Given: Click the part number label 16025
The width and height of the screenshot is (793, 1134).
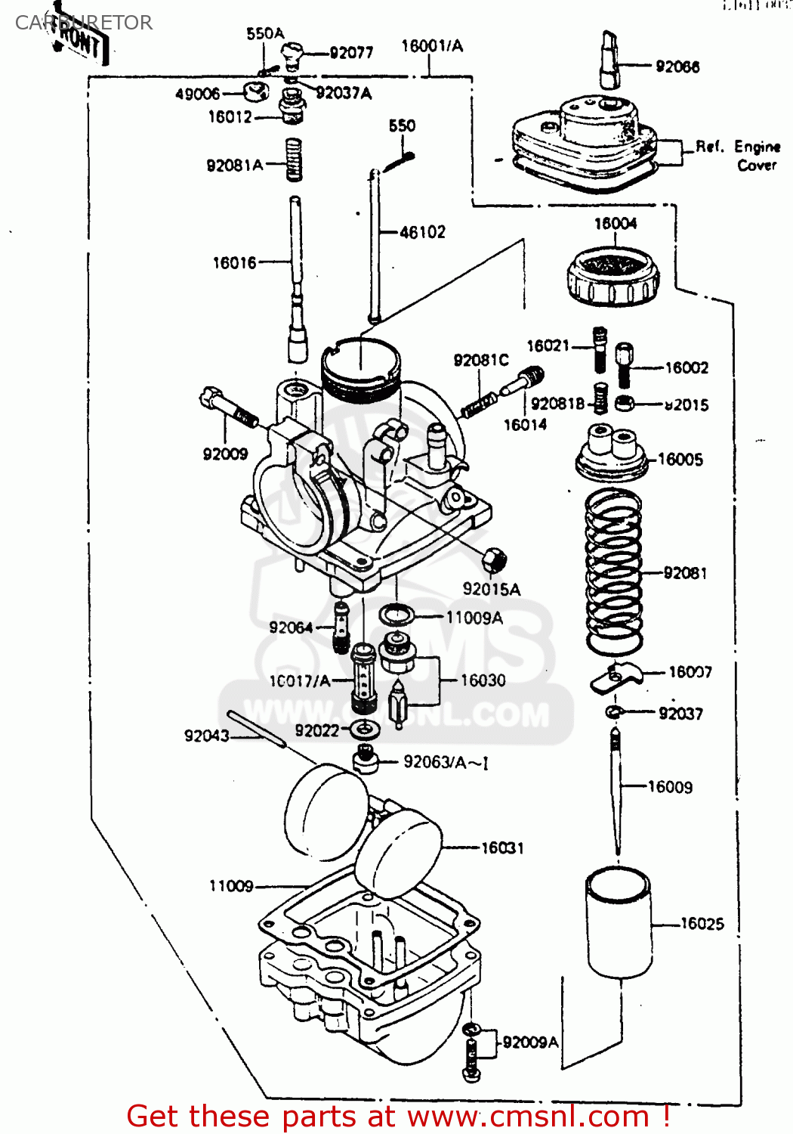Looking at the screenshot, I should pos(702,923).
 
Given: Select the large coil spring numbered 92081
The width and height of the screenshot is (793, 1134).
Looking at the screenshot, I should pos(613,572).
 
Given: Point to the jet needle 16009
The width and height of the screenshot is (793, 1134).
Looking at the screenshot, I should pos(617,790).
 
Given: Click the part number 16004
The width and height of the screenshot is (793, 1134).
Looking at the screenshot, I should pos(615,223).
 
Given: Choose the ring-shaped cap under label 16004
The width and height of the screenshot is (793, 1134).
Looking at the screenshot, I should pos(612,277).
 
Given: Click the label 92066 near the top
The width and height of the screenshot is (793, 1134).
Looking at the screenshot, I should pos(677,67).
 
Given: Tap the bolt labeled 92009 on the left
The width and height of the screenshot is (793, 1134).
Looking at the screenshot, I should pos(226,407).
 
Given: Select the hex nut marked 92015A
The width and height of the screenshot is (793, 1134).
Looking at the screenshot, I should pos(494,560).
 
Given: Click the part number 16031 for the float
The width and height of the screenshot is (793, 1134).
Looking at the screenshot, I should pos(502,847).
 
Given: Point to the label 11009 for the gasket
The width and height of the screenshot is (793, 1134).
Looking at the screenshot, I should pos(231,885).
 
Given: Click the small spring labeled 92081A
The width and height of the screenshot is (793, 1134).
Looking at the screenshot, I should pos(295,160).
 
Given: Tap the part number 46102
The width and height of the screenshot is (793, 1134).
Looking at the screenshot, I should pos(422,232).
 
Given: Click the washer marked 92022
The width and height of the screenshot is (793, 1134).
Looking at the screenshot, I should pos(366,730).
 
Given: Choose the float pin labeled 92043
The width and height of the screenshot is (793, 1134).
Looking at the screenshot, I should pos(256,729).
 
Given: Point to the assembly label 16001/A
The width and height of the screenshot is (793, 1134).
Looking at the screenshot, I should pos(431,46).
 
